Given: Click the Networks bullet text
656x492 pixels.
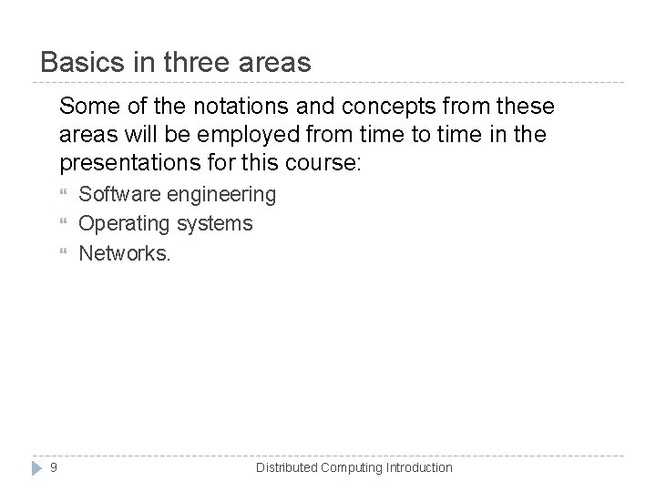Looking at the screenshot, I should (125, 252).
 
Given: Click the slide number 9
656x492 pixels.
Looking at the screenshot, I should (54, 467).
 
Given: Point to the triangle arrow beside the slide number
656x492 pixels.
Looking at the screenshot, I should (36, 467).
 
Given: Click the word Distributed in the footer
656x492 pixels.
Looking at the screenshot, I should (286, 467).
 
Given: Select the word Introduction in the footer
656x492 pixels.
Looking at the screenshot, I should (419, 467).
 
